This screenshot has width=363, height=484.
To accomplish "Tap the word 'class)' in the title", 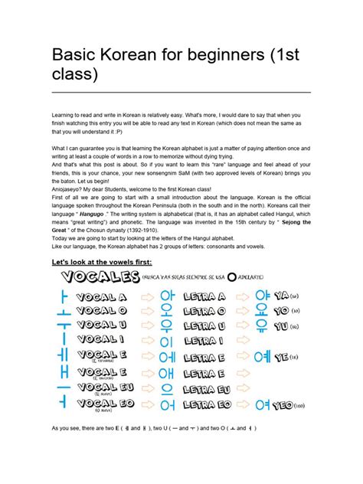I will point(74,76).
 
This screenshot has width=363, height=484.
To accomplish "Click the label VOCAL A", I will point(106,296).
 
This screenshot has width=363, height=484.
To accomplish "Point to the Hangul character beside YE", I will point(262,356).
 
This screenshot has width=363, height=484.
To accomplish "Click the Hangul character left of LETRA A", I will point(167,296).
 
